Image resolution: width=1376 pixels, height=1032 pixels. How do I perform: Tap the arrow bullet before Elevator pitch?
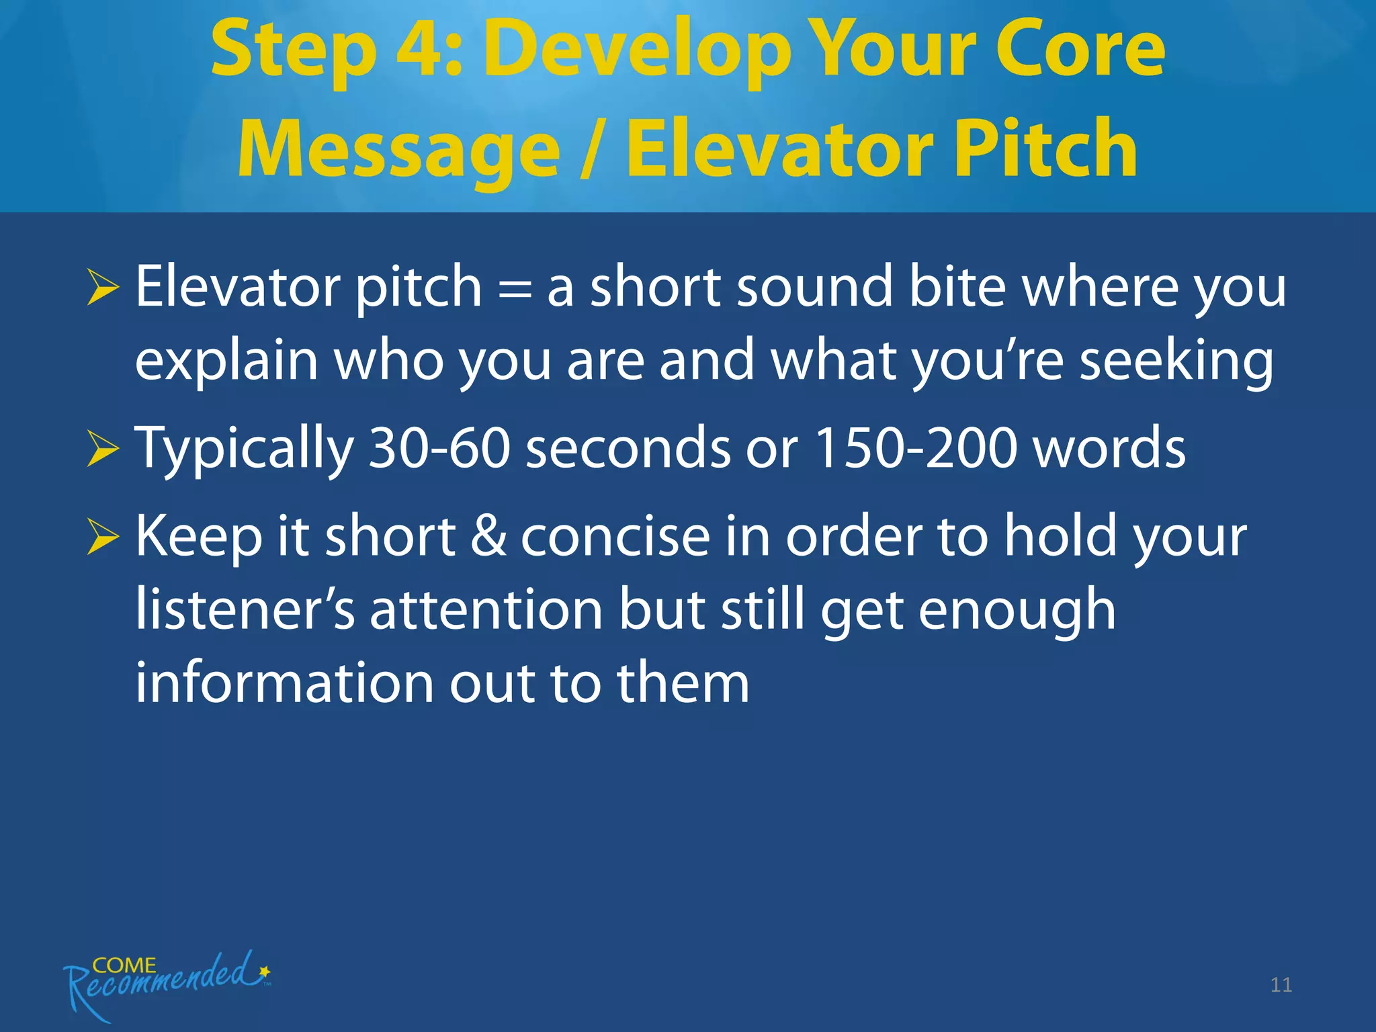click(x=103, y=290)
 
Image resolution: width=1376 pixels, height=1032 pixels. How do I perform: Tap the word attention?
click(x=486, y=610)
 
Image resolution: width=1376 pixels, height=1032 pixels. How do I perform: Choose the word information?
click(x=284, y=683)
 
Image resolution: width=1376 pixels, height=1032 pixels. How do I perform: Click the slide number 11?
click(x=1281, y=985)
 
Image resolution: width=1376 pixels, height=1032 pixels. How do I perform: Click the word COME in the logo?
click(x=124, y=965)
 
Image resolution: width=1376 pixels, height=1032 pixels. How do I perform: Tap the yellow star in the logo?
click(x=265, y=972)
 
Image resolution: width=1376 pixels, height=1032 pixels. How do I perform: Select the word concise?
click(x=615, y=537)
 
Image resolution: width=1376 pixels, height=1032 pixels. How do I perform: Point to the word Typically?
click(x=244, y=449)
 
